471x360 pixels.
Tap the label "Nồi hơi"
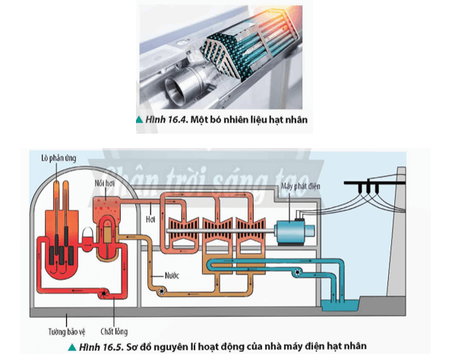point(107,183)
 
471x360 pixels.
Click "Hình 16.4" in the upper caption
point(163,120)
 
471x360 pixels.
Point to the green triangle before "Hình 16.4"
point(140,120)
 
